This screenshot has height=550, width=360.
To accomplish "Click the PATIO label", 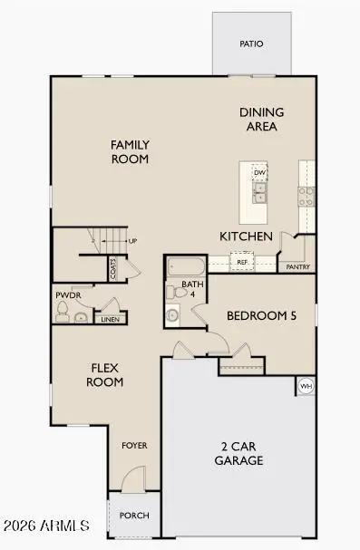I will [251, 43].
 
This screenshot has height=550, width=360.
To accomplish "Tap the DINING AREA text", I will [261, 119].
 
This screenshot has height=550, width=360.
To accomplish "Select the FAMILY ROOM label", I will [130, 151].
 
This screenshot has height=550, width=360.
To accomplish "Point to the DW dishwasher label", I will [259, 172].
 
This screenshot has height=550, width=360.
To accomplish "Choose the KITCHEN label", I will [247, 236].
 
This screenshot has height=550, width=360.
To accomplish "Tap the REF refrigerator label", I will [242, 263].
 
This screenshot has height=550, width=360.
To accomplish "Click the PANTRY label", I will [298, 267].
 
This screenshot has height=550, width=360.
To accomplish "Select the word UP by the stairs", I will [132, 241].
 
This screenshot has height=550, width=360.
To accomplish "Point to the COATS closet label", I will [113, 268].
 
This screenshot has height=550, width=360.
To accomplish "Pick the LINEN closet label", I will [109, 319].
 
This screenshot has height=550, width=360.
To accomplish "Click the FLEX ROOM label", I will [105, 374].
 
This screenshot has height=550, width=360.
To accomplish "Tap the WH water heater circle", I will [306, 387].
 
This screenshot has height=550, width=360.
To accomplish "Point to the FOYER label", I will [134, 446].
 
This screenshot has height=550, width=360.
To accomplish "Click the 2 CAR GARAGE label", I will [239, 453].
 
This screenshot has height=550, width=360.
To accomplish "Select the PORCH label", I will [134, 516].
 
